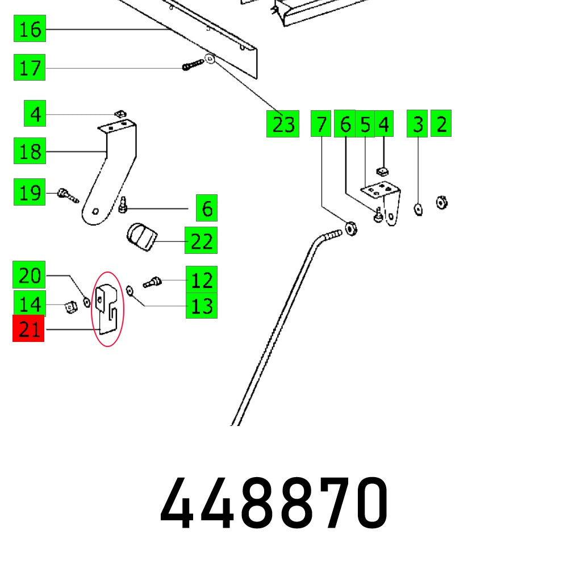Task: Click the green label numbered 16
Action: (30, 29)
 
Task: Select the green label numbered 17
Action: (30, 69)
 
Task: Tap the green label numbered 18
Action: (30, 152)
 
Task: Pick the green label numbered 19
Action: (30, 193)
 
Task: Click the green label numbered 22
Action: (201, 241)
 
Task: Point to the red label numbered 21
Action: (28, 329)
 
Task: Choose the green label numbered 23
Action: (283, 124)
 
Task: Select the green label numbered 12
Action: (201, 280)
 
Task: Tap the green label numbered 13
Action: (201, 306)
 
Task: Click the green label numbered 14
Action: (30, 304)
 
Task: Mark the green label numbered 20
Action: (30, 277)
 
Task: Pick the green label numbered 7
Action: (321, 124)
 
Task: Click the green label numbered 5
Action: (365, 124)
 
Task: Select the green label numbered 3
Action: (417, 124)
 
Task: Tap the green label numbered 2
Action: (441, 124)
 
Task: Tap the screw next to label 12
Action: (152, 281)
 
